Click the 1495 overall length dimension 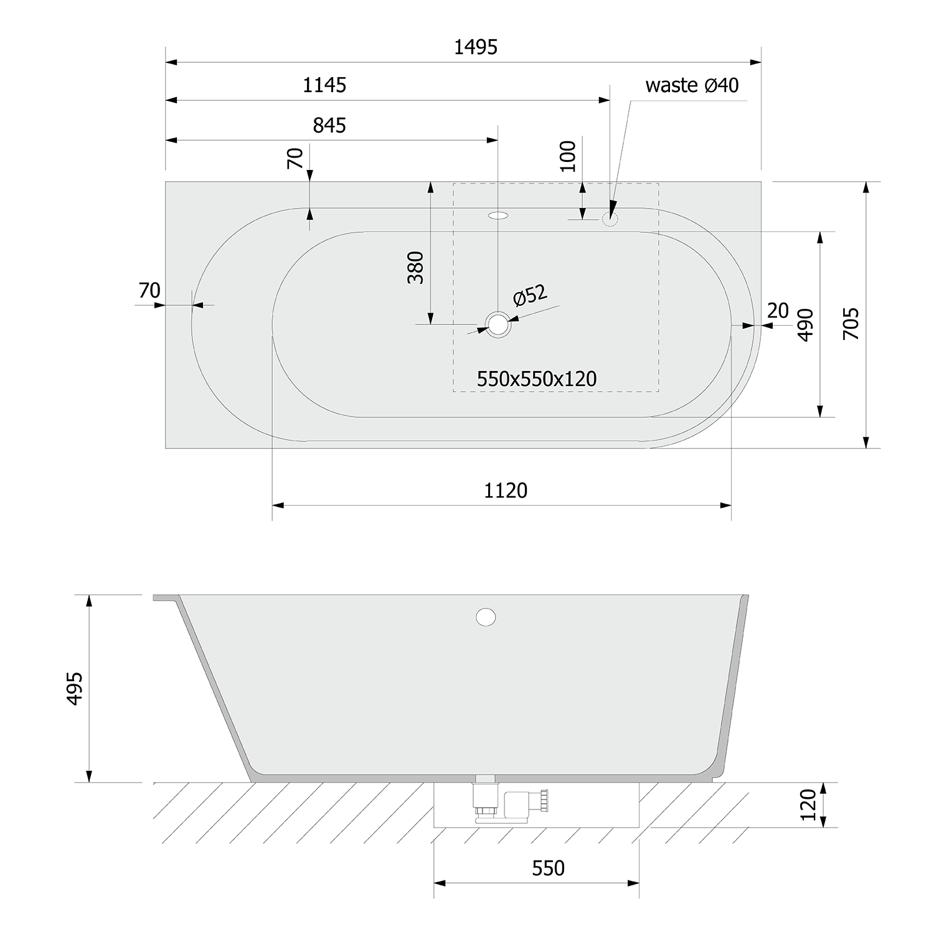click(x=475, y=47)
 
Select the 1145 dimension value click(x=324, y=85)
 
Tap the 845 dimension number click(x=329, y=126)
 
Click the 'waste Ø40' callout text click(x=692, y=85)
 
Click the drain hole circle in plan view click(x=498, y=324)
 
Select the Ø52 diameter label click(x=530, y=295)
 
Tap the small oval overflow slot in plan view click(x=498, y=216)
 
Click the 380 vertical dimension click(x=415, y=268)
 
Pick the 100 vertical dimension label click(x=568, y=156)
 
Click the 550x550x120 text click(x=537, y=379)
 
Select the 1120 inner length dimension click(x=506, y=491)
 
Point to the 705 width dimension click(x=851, y=323)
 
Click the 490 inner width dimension click(x=805, y=324)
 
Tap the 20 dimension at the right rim click(x=778, y=310)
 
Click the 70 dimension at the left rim click(x=149, y=290)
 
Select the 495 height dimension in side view click(x=74, y=688)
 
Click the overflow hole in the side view click(x=486, y=617)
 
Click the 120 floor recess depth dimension click(x=808, y=804)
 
